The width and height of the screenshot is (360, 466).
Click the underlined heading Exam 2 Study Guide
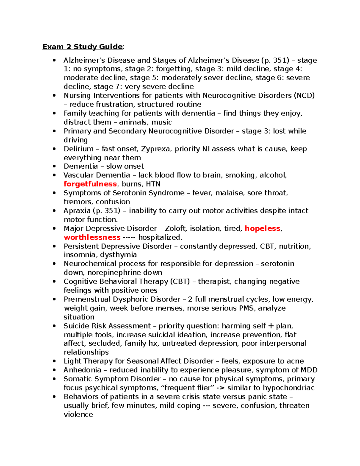(x=82, y=47)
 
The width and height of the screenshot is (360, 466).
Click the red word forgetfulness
(x=90, y=184)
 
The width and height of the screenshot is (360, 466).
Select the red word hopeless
(x=262, y=229)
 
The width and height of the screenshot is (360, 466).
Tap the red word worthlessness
(x=92, y=237)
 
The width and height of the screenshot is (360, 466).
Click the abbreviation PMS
(x=246, y=308)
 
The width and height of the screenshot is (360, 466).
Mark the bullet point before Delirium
(x=54, y=149)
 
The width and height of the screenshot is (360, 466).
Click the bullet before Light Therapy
(x=54, y=361)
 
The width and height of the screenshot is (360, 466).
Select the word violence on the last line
(x=78, y=415)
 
